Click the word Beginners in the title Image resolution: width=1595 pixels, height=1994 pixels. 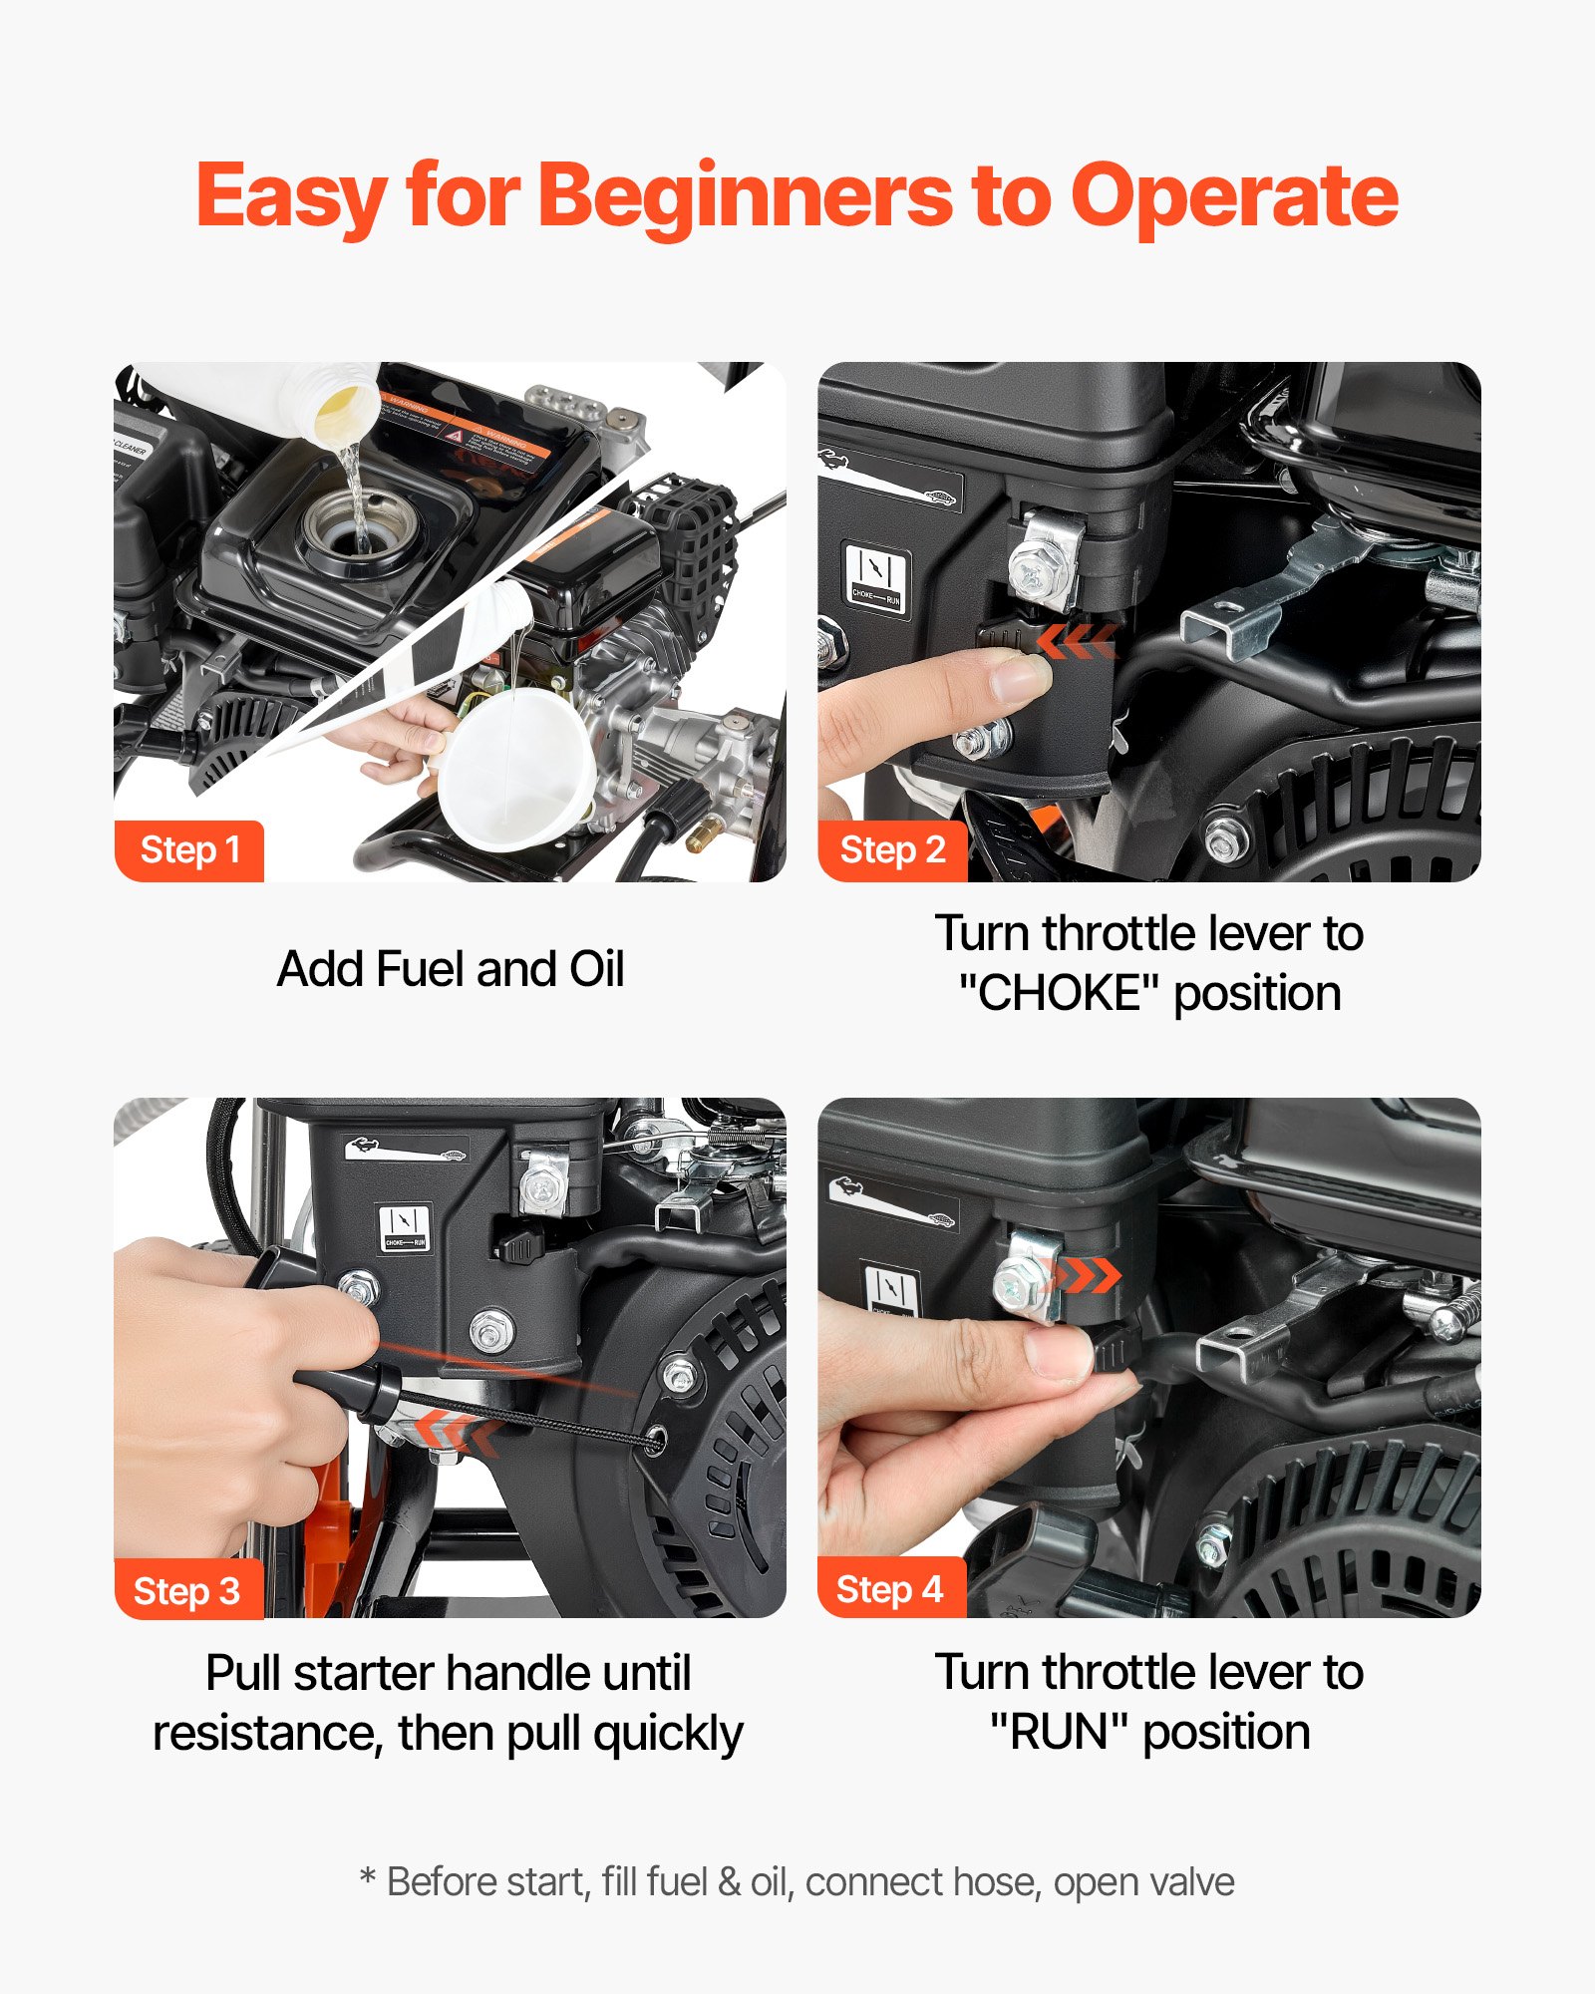[745, 196]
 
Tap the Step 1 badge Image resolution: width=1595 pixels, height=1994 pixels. [189, 850]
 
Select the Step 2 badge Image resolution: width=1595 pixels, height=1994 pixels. [892, 850]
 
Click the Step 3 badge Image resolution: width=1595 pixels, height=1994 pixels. [187, 1590]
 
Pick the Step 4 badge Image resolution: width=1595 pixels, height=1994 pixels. [890, 1589]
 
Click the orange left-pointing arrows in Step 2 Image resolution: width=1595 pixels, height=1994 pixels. [1075, 641]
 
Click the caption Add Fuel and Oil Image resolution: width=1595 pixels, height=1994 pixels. [451, 969]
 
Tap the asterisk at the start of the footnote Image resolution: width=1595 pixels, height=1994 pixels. [368, 1879]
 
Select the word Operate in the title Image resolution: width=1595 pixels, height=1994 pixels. [1234, 196]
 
